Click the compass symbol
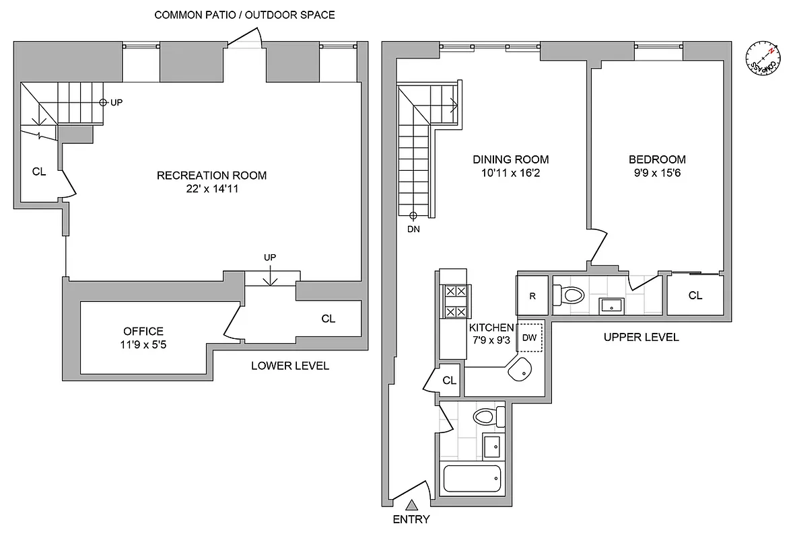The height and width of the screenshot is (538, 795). click(x=763, y=59)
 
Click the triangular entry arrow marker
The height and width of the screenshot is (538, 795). click(x=413, y=504)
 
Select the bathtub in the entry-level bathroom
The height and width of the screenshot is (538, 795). click(x=472, y=479)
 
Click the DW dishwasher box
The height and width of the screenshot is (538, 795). click(x=530, y=338)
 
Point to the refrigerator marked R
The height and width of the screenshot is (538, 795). click(x=532, y=295)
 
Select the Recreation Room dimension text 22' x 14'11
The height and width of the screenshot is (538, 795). click(x=211, y=190)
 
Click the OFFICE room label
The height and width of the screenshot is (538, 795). click(x=143, y=331)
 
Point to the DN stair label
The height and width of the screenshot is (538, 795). click(x=413, y=229)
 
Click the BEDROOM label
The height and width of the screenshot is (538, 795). click(x=657, y=159)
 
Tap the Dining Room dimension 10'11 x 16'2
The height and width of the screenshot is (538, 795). click(x=510, y=174)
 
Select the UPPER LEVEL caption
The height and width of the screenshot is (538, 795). click(x=641, y=337)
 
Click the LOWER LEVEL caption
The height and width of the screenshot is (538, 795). click(x=289, y=366)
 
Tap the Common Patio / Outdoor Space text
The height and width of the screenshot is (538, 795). click(x=244, y=15)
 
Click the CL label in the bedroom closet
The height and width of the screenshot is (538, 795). click(x=695, y=295)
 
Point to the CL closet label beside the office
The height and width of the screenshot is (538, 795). click(x=328, y=319)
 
